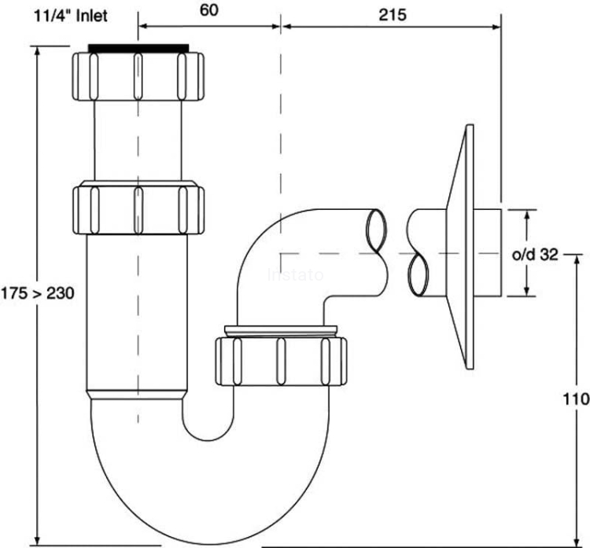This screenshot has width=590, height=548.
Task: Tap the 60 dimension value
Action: [209, 12]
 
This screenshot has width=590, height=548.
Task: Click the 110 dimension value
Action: [575, 399]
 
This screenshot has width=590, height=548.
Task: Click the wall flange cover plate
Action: [463, 248]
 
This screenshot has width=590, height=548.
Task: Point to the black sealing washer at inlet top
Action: [138, 47]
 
